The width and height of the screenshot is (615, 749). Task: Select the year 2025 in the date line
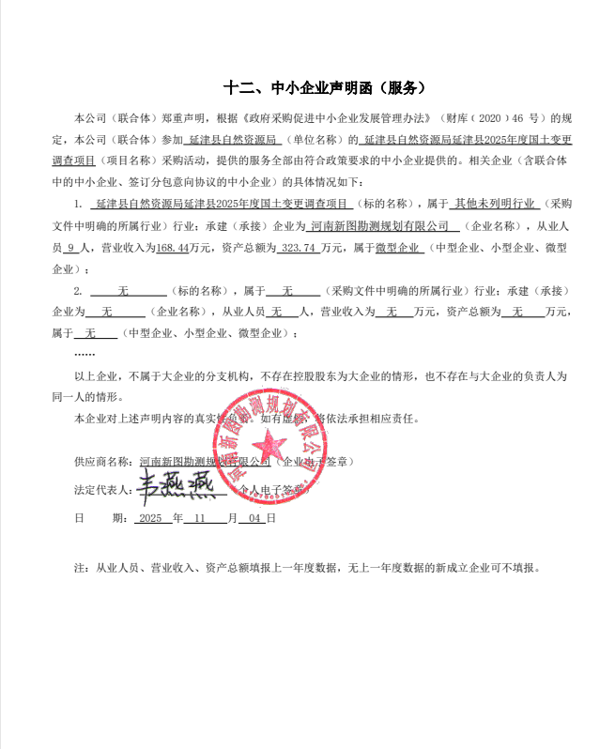pyautogui.click(x=150, y=518)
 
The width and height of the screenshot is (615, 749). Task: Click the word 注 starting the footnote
pyautogui.click(x=78, y=569)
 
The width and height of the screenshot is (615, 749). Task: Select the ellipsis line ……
pyautogui.click(x=84, y=354)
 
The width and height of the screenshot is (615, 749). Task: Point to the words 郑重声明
pyautogui.click(x=176, y=119)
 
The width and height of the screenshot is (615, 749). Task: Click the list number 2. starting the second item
pyautogui.click(x=78, y=290)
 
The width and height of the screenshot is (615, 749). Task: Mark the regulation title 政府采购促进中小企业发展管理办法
pyautogui.click(x=338, y=119)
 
